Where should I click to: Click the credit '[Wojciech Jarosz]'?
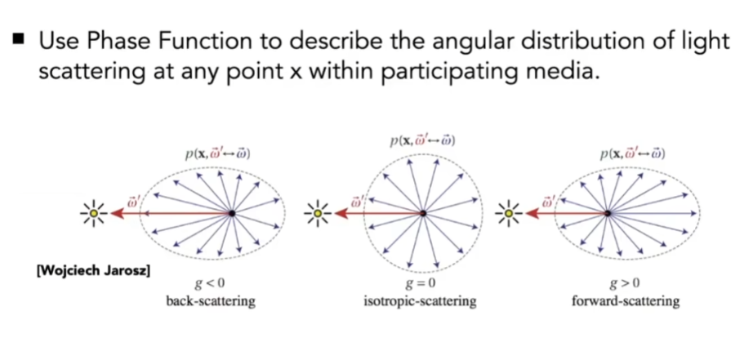click(94, 271)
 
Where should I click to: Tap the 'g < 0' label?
click(208, 284)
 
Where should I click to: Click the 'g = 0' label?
click(419, 284)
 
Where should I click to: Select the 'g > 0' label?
click(624, 284)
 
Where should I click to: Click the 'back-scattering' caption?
click(211, 301)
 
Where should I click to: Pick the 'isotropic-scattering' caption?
click(420, 301)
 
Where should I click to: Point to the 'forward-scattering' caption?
click(626, 301)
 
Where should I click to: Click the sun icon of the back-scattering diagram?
click(94, 212)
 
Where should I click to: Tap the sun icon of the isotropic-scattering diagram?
click(317, 212)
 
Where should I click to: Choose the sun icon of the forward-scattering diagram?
click(509, 212)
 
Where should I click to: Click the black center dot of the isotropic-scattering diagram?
click(422, 212)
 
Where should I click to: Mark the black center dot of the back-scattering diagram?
click(232, 212)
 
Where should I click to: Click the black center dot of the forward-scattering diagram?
click(608, 212)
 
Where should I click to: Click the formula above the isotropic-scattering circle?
click(422, 141)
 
